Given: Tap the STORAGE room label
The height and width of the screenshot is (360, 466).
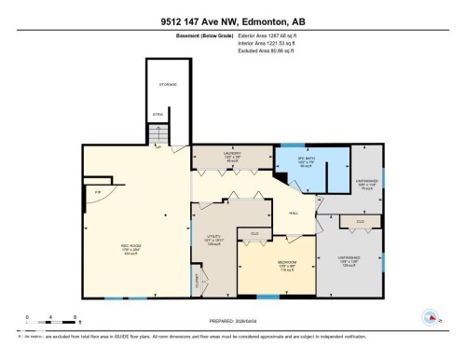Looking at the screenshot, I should tap(168, 85).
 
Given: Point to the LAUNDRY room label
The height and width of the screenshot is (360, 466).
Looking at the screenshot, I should tap(232, 154).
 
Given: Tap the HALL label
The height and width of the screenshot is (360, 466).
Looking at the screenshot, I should tap(294, 213).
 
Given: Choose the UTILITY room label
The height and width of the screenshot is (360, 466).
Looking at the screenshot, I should tap(212, 238).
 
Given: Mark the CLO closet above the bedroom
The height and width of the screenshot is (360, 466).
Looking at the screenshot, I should tap(254, 232).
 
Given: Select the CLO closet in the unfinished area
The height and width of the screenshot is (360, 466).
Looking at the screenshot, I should tap(358, 222).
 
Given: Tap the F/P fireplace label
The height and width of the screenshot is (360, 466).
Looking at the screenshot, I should tap(97, 192).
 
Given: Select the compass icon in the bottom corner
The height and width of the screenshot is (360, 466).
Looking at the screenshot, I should tap(431, 318).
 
